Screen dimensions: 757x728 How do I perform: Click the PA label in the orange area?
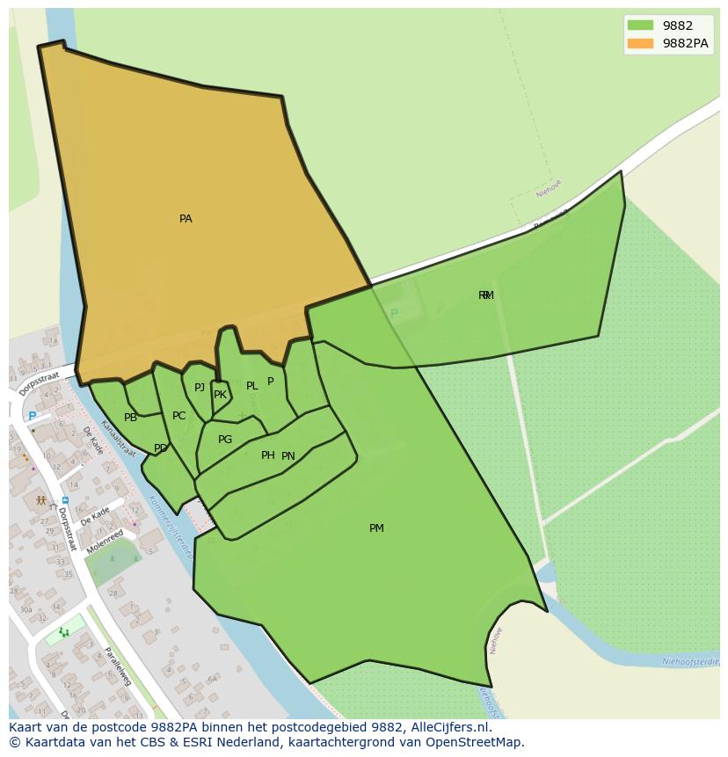pos(186,219)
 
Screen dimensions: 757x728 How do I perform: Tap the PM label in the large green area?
pos(376,528)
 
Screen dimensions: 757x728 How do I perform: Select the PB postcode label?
pos(130,418)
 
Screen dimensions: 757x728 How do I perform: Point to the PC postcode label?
pos(178,416)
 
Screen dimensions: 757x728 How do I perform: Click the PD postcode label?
pos(160,448)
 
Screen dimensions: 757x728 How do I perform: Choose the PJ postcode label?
pos(200,388)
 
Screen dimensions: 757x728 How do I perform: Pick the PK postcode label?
pos(220,395)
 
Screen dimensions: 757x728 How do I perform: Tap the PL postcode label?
pos(252,386)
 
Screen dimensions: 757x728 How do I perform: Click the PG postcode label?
pos(225,440)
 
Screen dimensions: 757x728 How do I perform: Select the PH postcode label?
pos(268,455)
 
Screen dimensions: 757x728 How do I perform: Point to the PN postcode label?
pos(288,456)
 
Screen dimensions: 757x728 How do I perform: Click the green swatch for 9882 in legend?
pos(640,25)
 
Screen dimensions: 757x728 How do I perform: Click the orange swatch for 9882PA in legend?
pos(640,43)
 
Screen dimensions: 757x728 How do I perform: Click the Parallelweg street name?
pos(117,666)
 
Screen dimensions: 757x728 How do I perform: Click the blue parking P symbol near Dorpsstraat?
pos(33,417)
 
